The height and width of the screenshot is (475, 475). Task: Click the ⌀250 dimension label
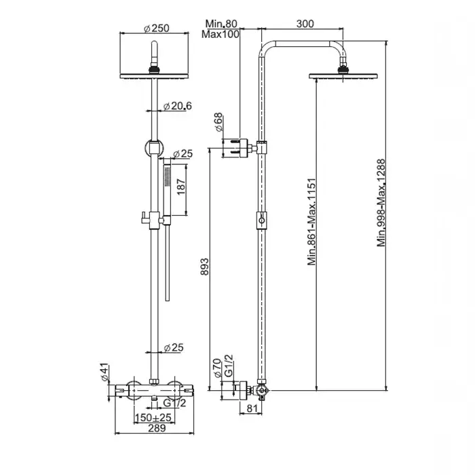156,28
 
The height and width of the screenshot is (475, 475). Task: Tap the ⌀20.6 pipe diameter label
178,106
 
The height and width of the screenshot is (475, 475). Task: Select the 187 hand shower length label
180,187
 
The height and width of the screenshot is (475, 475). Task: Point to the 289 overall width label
157,428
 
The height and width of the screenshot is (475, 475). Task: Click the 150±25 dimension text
153,418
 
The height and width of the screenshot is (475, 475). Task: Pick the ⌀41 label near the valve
104,372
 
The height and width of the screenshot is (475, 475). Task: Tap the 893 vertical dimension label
205,267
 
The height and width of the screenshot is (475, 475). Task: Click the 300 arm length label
305,23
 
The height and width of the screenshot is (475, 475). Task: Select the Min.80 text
221,23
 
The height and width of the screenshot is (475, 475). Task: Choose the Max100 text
221,34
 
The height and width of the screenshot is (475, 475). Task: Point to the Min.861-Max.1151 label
311,222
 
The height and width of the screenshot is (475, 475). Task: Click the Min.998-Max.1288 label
381,203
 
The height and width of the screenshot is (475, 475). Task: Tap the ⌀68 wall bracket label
218,122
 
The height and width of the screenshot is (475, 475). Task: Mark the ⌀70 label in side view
218,368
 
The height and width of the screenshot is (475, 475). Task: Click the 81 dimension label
252,408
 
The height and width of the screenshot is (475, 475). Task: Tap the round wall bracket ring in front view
155,148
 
